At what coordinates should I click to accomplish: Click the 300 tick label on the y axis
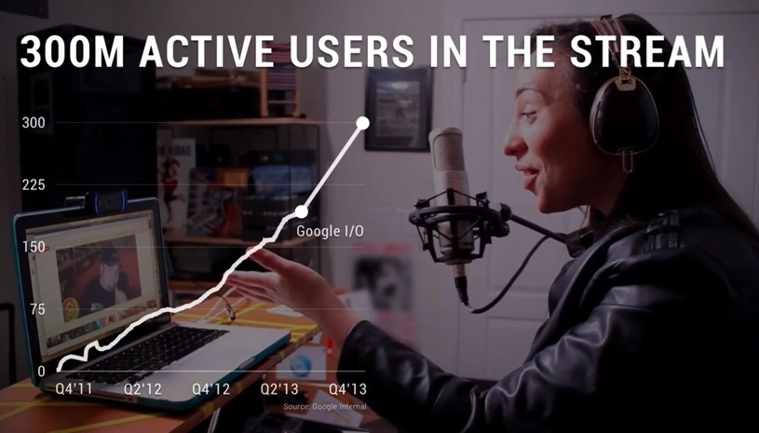coord(34,123)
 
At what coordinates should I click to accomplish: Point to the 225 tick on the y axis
coord(34,184)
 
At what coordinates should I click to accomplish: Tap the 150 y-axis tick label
coord(34,247)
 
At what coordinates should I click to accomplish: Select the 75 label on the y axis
coord(37,309)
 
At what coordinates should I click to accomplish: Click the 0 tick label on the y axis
coord(42,371)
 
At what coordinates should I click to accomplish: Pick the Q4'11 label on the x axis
coord(74,389)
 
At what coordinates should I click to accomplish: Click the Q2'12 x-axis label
coord(142,389)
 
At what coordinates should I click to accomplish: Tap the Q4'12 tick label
coord(211,389)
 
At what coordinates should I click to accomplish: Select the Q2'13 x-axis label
coord(279,389)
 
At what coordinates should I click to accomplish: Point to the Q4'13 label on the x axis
coord(347,389)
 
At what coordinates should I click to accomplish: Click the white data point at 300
coord(362,123)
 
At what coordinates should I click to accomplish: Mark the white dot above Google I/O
coord(301,211)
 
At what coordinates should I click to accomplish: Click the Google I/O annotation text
coord(330,231)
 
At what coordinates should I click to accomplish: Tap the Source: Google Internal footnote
coord(325,406)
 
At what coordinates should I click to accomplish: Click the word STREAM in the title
coord(646,52)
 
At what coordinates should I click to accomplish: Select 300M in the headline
coord(72,52)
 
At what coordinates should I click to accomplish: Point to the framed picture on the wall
coord(398,109)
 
